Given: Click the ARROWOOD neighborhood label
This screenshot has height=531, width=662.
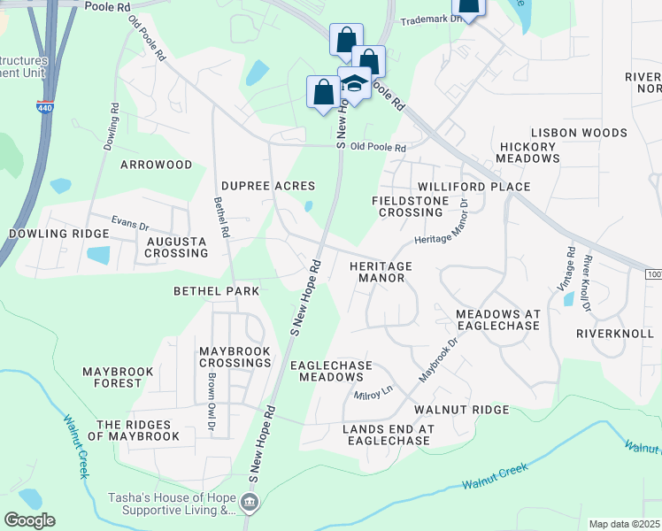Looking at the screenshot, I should (156, 165).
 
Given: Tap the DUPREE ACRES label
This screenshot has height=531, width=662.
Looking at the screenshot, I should (268, 186).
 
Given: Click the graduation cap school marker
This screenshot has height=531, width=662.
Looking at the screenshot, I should (355, 85).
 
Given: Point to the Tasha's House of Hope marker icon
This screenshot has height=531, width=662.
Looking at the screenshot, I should (250, 504).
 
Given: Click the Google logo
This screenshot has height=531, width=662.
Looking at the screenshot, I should (29, 520).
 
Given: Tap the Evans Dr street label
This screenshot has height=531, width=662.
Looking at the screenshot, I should (131, 223).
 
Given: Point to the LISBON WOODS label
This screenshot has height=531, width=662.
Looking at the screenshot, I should (579, 133).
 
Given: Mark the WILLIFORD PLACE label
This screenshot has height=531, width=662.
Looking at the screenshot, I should (473, 187).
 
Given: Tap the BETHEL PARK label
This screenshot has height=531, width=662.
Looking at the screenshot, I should (216, 291).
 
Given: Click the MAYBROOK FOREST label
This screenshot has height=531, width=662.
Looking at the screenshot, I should (118, 377).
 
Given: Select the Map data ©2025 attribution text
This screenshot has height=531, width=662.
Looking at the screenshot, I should (625, 524).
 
